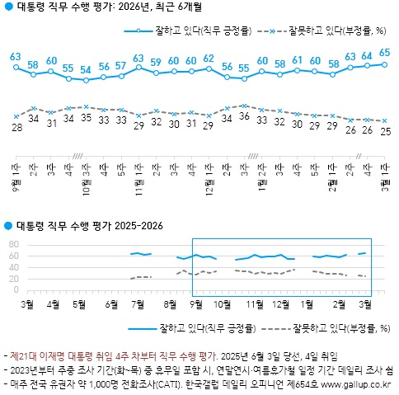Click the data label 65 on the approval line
[384, 53]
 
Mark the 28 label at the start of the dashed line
[16, 129]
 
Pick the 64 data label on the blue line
[367, 55]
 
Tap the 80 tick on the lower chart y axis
[13, 245]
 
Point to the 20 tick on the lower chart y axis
[13, 279]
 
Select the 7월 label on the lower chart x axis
[138, 303]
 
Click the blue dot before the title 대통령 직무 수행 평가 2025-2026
[8, 225]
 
